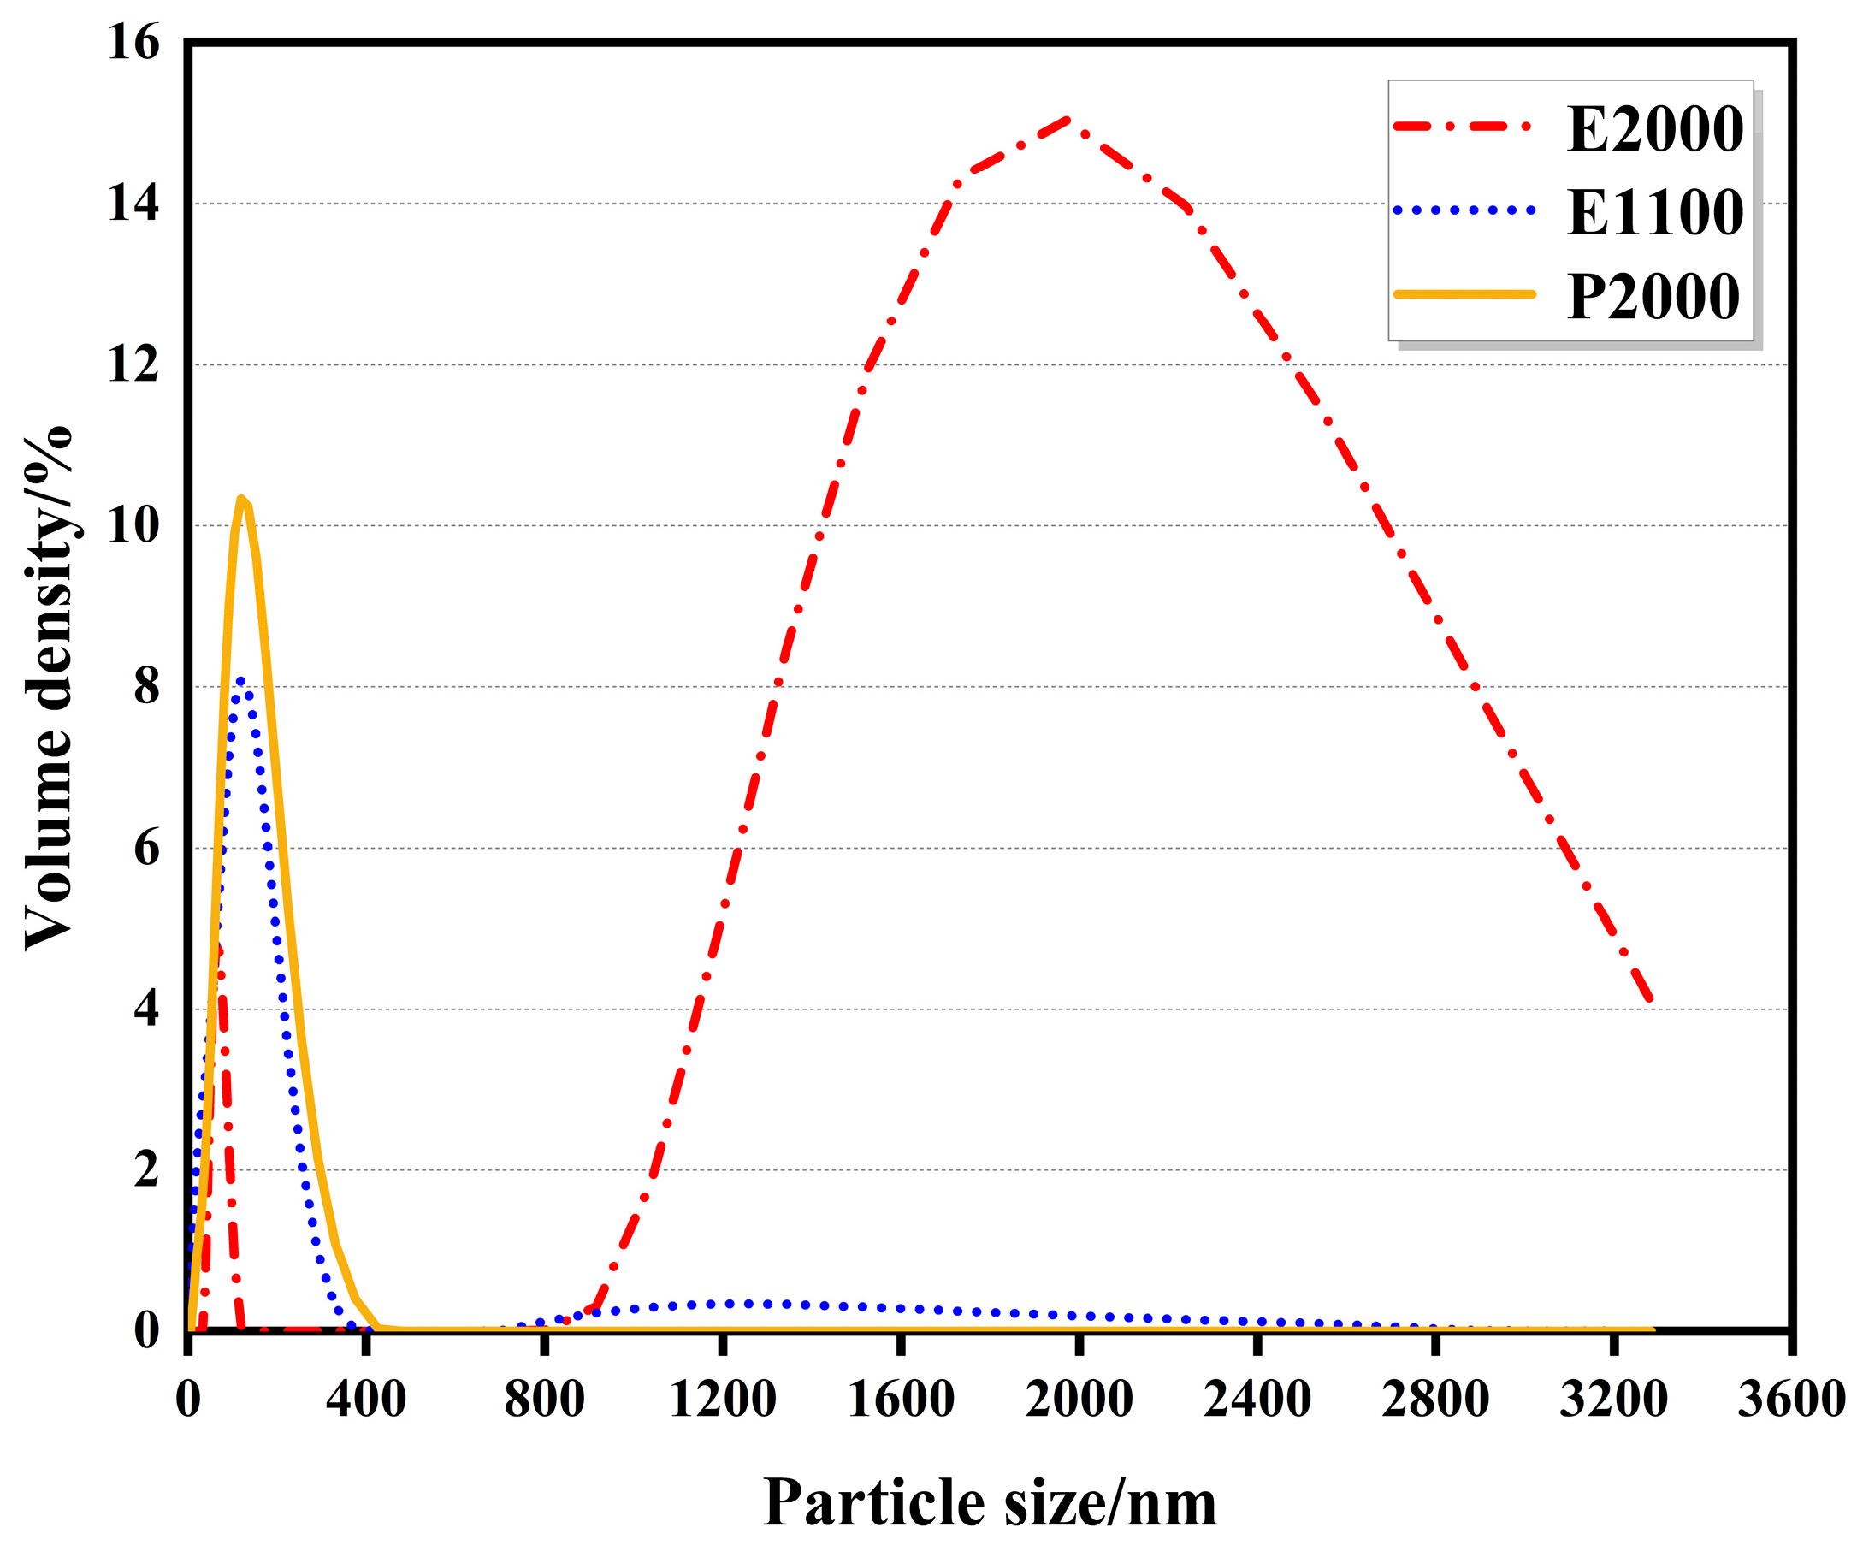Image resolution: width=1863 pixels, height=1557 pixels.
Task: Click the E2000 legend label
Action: [1653, 130]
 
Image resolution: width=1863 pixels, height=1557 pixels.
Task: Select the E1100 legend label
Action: [1653, 214]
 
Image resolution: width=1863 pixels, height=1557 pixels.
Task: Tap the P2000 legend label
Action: [1652, 297]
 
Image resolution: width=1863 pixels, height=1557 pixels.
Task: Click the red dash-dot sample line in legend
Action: [1462, 127]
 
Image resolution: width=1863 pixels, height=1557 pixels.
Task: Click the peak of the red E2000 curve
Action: [1068, 119]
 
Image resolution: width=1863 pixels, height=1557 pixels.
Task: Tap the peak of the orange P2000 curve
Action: [240, 499]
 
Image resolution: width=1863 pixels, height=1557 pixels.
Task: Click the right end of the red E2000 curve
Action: [1650, 1001]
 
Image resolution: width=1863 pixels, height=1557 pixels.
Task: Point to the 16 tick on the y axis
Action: [133, 43]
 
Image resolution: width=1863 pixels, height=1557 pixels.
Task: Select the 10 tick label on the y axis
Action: [133, 526]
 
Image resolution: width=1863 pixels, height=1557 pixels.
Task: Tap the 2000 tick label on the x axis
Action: [1079, 1400]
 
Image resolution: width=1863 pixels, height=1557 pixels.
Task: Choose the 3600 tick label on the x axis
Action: [1790, 1400]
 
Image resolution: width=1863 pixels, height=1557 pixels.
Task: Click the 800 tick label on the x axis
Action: [544, 1400]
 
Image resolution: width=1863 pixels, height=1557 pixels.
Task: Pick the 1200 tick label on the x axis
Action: [722, 1400]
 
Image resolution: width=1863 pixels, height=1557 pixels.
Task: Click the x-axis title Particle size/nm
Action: [989, 1503]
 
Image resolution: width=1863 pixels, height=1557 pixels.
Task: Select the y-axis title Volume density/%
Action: [49, 688]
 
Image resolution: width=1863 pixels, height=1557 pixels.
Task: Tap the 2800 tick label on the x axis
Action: [1434, 1400]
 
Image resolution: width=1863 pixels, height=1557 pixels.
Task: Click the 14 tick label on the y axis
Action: [133, 204]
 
